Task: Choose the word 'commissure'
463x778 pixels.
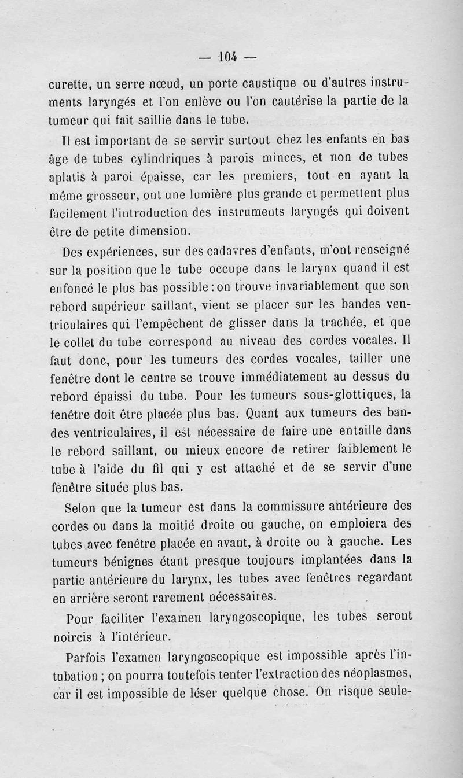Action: tap(293, 507)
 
